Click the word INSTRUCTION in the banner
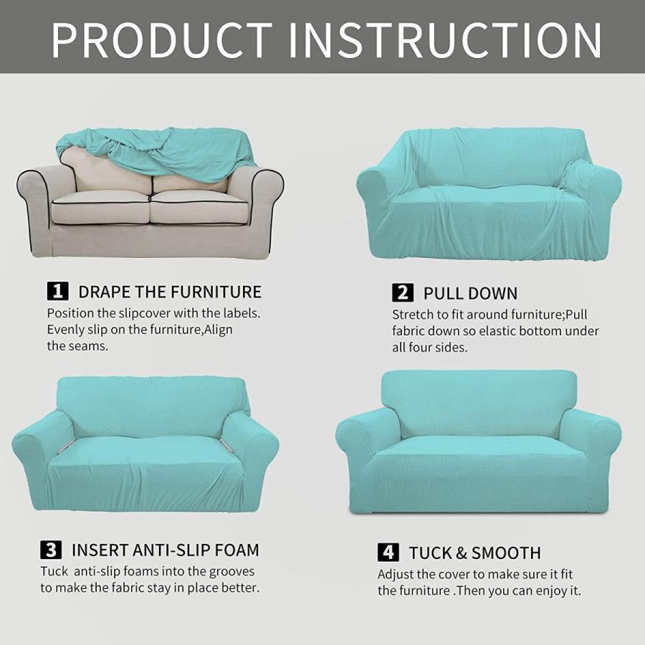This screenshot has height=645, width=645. tap(446, 39)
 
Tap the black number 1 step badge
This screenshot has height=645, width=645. tap(57, 291)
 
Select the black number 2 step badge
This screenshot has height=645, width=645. tap(403, 293)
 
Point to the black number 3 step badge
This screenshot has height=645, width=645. tap(51, 550)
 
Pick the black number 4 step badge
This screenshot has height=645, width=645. tap(388, 553)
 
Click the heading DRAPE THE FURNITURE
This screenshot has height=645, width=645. tap(170, 292)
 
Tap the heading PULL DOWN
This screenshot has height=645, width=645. tap(471, 294)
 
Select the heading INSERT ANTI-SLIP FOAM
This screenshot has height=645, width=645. tap(166, 550)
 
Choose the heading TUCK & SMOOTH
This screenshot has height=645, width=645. tap(474, 553)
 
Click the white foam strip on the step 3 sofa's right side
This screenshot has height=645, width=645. tap(226, 444)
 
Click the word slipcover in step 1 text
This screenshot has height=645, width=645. tap(144, 313)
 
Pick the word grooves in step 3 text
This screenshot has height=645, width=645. tap(232, 572)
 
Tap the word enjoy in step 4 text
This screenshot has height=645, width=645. tap(542, 591)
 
